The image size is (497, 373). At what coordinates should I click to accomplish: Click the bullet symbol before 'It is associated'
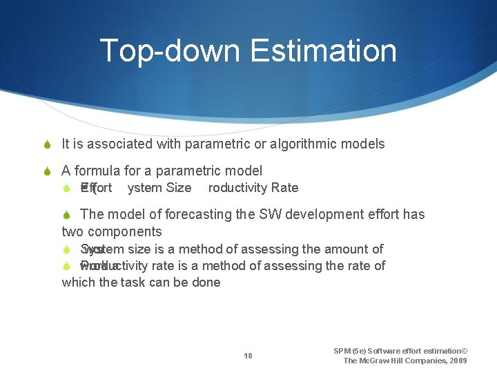pyautogui.click(x=47, y=144)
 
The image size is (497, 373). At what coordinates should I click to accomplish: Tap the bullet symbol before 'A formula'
pyautogui.click(x=47, y=171)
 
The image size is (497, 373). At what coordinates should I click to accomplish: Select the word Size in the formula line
pyautogui.click(x=179, y=188)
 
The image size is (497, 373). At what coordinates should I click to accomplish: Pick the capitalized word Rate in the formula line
pyautogui.click(x=284, y=188)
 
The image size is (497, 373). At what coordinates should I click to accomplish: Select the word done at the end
pyautogui.click(x=206, y=282)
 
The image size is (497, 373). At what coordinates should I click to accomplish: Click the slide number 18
pyautogui.click(x=248, y=356)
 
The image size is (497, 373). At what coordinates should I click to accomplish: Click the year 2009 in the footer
pyautogui.click(x=456, y=361)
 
